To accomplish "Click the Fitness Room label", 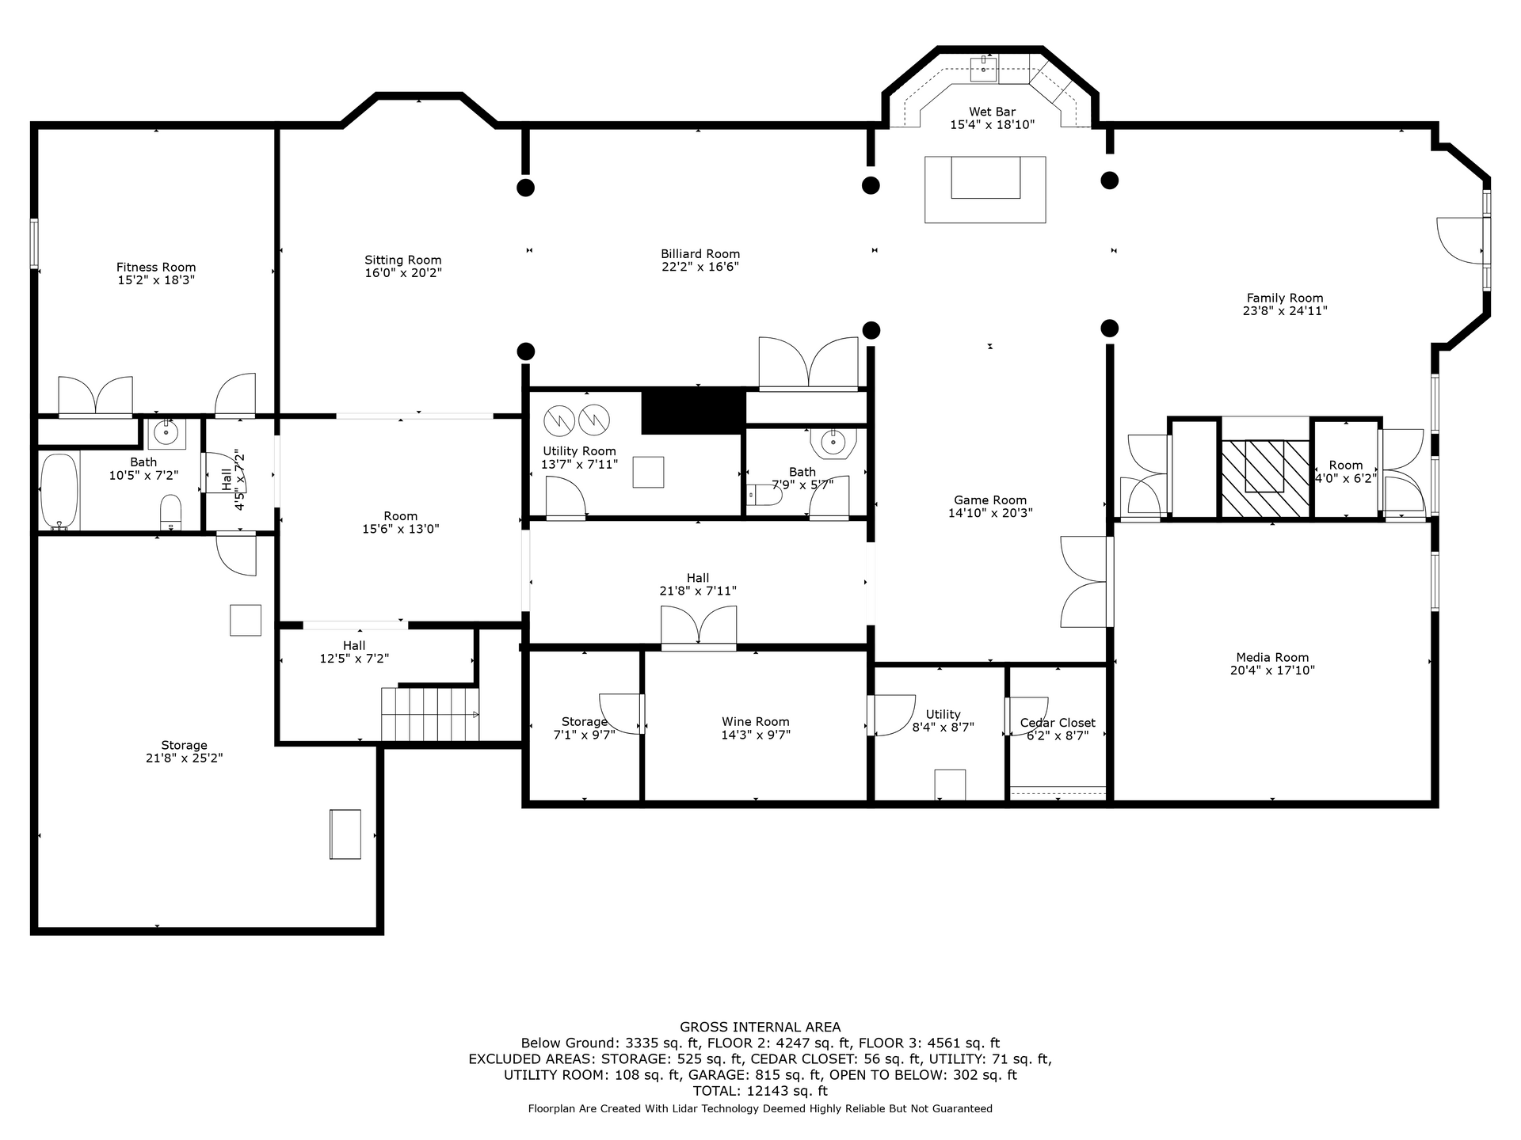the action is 156,268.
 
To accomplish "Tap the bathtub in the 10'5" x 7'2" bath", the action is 59,490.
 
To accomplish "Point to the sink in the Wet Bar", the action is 984,69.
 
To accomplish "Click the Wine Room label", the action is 756,722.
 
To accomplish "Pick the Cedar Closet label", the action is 1058,723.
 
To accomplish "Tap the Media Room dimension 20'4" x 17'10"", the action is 1272,671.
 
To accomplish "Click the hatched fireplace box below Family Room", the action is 1266,479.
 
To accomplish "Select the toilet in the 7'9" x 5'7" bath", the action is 764,496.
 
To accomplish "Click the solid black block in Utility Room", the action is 693,411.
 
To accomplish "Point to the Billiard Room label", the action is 700,254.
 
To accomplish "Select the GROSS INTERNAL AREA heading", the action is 760,1028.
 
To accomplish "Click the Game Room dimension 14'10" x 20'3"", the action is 990,513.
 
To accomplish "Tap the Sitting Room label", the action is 403,260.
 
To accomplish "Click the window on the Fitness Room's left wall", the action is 34,243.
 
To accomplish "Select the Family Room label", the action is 1285,298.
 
